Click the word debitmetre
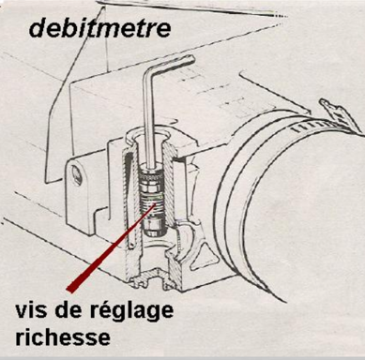pyautogui.click(x=100, y=29)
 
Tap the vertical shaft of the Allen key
pyautogui.click(x=149, y=122)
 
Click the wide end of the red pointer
pyautogui.click(x=72, y=288)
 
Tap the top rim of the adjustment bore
pyautogui.click(x=149, y=134)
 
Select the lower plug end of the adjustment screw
pyautogui.click(x=152, y=228)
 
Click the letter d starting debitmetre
pyautogui.click(x=38, y=29)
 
